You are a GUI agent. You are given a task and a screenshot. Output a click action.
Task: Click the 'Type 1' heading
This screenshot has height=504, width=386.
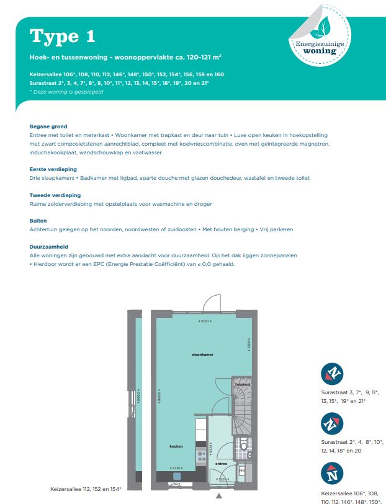(x=63, y=36)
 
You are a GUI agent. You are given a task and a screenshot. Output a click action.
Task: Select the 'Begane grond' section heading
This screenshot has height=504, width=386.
(x=48, y=126)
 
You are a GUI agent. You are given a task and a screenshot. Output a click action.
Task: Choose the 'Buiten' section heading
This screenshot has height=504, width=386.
(x=38, y=221)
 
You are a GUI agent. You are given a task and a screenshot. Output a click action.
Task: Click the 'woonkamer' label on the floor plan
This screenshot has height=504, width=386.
(x=202, y=354)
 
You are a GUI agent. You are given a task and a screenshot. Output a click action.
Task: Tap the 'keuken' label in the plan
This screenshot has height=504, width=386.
(x=176, y=446)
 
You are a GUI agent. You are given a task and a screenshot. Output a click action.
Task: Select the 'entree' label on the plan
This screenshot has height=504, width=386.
(x=222, y=462)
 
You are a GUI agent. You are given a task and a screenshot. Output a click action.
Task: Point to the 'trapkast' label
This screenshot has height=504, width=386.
(x=242, y=384)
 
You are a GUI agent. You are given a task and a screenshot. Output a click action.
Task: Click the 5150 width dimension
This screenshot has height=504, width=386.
(x=203, y=321)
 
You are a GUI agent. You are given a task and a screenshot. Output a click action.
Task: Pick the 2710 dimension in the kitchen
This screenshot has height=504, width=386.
(x=177, y=468)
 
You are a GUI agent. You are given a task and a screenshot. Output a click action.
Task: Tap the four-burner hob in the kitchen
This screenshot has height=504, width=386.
(x=201, y=456)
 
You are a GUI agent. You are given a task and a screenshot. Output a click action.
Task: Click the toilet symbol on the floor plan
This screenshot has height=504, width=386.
(x=244, y=445)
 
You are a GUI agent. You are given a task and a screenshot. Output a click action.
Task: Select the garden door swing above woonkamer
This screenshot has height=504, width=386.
(x=210, y=304)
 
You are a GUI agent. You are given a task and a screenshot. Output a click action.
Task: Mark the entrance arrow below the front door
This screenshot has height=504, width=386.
(x=218, y=496)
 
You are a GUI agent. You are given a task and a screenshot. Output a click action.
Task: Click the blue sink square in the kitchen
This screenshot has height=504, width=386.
(x=177, y=476)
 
